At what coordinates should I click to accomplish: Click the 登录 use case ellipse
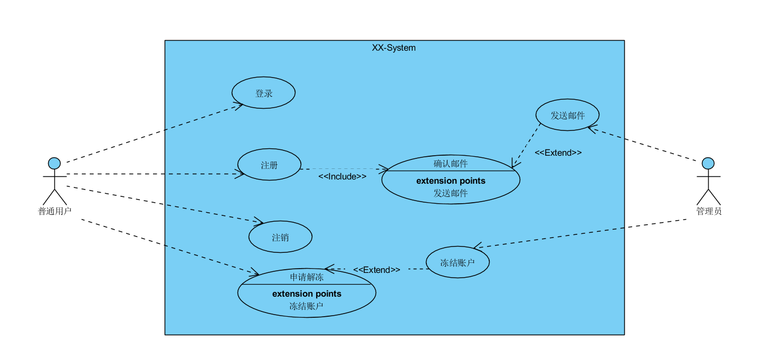coord(263,93)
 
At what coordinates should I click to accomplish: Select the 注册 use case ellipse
coord(269,165)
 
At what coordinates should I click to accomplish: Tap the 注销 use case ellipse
coord(280,237)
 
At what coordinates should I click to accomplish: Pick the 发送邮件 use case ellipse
coord(567,115)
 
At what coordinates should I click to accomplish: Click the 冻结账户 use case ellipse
coord(458,262)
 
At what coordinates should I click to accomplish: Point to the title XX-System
coord(394,48)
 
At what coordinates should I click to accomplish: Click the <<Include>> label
coord(342,176)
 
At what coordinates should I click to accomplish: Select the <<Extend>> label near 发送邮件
coord(558,153)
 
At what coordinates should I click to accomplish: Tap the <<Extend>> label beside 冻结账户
coord(376,270)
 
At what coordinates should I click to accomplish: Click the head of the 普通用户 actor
coord(54,163)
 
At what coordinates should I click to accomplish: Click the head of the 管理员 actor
coord(708,163)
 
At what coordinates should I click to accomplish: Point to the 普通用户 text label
coord(54,211)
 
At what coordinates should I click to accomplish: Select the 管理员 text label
coord(709,211)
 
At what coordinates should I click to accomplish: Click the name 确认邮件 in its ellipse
coord(451,163)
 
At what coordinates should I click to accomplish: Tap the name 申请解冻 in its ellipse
coord(307,277)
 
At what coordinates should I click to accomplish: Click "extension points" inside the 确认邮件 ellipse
coord(451,181)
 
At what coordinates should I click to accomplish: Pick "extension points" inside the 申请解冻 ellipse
coord(307,294)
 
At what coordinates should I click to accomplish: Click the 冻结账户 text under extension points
coord(307,306)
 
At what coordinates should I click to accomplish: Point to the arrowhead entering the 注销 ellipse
coord(259,222)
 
